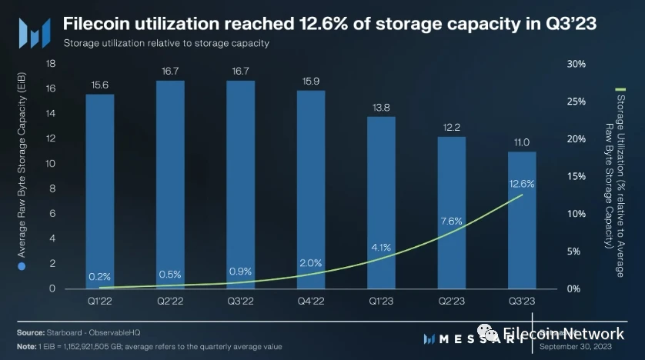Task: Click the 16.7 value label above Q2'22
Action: click(170, 70)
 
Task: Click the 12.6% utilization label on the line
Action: click(521, 184)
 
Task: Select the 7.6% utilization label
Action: click(451, 221)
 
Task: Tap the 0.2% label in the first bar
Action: click(100, 276)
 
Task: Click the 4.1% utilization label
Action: click(381, 248)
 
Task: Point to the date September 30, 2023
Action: click(576, 347)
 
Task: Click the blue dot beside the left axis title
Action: click(22, 266)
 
